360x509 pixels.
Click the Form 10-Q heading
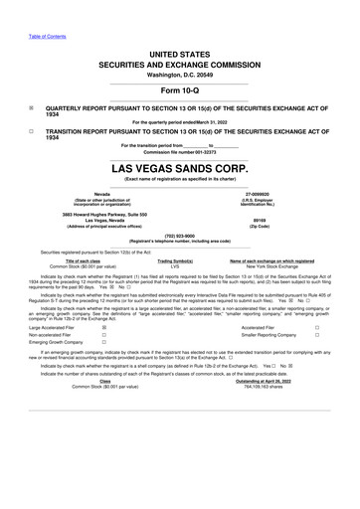click(x=179, y=91)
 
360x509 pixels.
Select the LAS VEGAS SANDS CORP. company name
click(x=179, y=168)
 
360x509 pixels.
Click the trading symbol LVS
click(x=175, y=265)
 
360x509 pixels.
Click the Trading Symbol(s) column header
click(x=175, y=259)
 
